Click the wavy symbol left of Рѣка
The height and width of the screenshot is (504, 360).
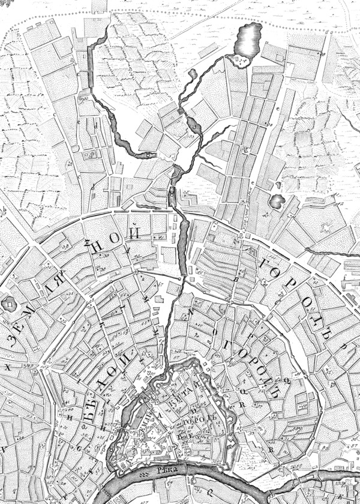pyautogui.click(x=144, y=473)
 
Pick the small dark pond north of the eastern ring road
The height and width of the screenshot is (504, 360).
pyautogui.click(x=277, y=200)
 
